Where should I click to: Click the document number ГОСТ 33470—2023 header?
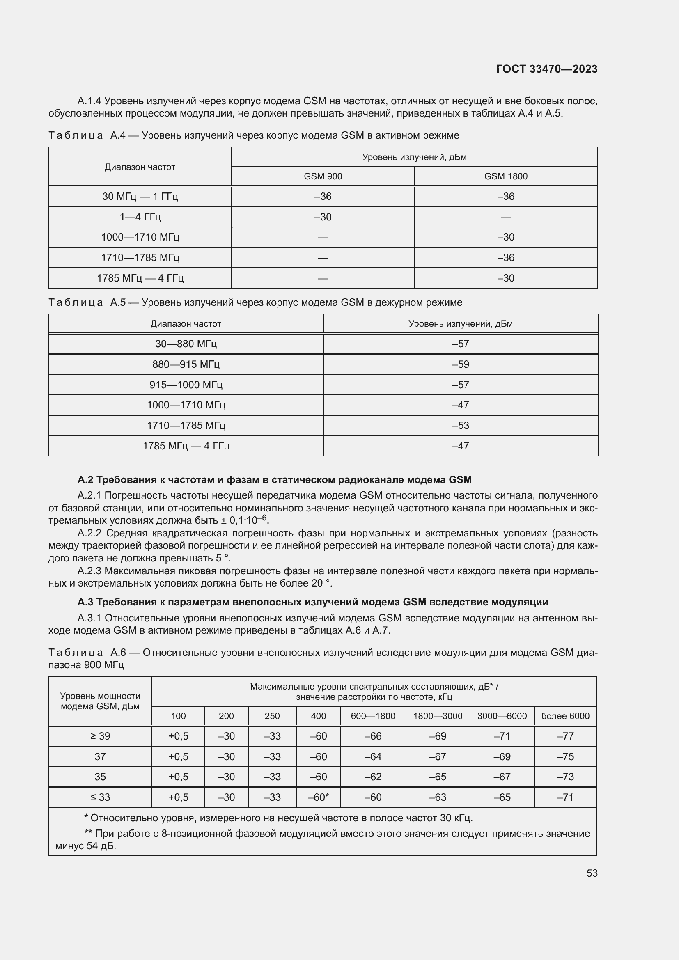tap(546, 69)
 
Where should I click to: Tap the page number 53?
tap(592, 873)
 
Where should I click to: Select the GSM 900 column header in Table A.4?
tap(323, 176)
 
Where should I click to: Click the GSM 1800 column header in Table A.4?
tap(505, 176)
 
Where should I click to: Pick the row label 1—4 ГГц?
tap(140, 217)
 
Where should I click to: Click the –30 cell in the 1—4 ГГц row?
tap(323, 217)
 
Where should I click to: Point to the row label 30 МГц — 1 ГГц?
tap(140, 197)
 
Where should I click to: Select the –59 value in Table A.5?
tap(460, 364)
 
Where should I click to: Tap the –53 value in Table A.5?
tap(460, 425)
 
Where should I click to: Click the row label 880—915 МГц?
tap(186, 364)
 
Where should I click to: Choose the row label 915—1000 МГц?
tap(186, 385)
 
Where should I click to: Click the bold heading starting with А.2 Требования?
tap(274, 479)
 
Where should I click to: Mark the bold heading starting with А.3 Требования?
tap(312, 602)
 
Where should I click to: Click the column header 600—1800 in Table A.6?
tap(373, 716)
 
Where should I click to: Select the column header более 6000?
tap(565, 716)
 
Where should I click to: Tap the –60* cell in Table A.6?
tap(318, 797)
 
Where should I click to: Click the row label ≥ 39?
tap(100, 736)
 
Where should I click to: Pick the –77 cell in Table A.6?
tap(565, 736)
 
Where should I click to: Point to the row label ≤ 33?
tap(100, 797)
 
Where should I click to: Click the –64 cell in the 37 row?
tap(373, 756)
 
